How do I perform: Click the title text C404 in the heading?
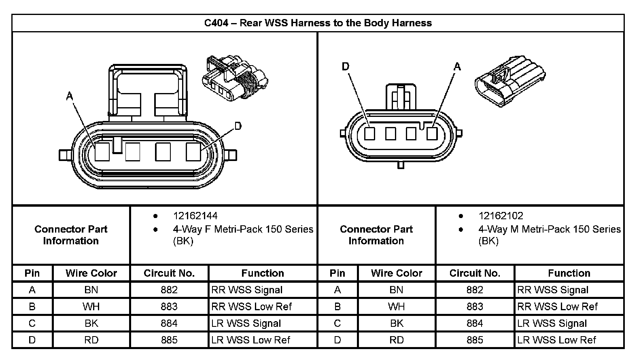coord(216,23)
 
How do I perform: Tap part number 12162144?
coord(195,216)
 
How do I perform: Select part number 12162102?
coord(501,216)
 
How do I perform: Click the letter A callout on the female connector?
coord(70,96)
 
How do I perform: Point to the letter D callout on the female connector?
coord(238,126)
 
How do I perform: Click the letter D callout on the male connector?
coord(346,67)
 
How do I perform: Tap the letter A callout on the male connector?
coord(457,67)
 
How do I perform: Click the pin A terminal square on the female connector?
coord(102,152)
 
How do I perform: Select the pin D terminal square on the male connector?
coord(370,133)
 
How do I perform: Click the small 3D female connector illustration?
coord(235,78)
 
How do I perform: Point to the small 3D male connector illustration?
coord(510,81)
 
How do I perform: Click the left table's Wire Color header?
coord(91,273)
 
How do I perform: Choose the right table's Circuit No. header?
coord(475,273)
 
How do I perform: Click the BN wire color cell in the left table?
coord(91,290)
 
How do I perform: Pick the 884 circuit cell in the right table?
coord(475,324)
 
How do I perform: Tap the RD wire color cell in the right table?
coord(397,340)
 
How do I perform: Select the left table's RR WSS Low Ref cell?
coord(252,307)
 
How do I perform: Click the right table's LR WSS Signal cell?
coord(552,324)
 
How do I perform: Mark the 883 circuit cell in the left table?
coord(169,307)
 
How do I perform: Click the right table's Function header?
coord(569,273)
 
